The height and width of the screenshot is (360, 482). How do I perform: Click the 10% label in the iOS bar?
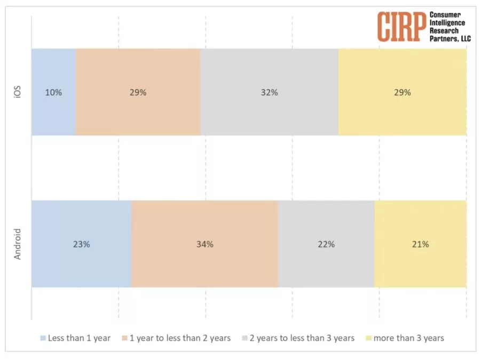coord(53,92)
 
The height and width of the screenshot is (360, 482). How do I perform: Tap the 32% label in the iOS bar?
coord(269,92)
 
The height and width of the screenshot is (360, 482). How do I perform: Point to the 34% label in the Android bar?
coord(204,244)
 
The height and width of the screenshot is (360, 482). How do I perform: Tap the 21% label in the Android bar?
coord(420,244)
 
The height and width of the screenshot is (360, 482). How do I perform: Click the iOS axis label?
coord(18,92)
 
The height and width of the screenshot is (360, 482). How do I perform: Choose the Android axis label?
coord(18,244)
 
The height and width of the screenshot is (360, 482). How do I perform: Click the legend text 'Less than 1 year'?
coord(79,338)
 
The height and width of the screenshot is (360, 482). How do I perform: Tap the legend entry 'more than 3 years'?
coord(408,338)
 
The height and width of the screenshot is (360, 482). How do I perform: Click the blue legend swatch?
coord(43,338)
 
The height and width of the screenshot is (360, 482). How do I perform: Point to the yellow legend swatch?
coord(368,338)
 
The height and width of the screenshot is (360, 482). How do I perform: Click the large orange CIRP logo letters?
coord(402,26)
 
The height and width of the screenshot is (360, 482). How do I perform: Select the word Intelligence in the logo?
coord(447,23)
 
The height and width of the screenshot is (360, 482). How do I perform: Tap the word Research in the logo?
coord(444,31)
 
